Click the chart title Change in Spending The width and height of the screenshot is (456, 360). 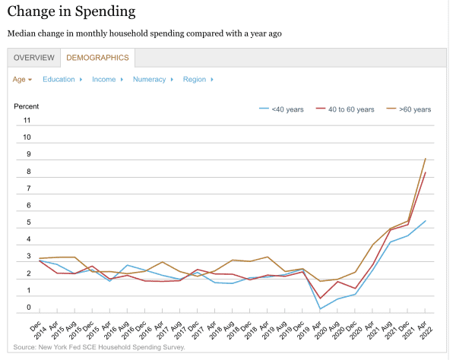tap(71, 12)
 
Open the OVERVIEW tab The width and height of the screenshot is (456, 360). tap(34, 58)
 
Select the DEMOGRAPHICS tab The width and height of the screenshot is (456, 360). tap(97, 58)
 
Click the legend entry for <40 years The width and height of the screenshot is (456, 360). tap(282, 109)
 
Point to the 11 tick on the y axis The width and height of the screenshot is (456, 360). tap(27, 121)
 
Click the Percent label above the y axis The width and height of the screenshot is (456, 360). tap(27, 106)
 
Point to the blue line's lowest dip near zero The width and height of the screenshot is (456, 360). tap(320, 308)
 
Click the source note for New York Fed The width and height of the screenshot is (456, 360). tap(99, 347)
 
